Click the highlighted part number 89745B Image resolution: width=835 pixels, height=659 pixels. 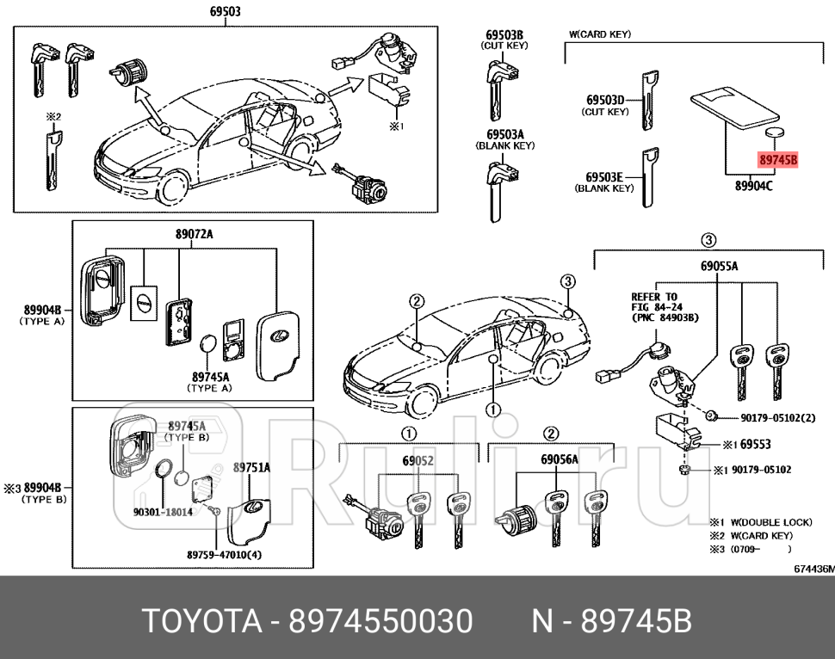click(x=778, y=160)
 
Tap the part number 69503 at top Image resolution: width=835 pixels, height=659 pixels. click(x=226, y=12)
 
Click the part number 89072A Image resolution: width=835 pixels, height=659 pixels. click(x=193, y=234)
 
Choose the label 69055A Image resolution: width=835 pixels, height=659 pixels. click(x=719, y=267)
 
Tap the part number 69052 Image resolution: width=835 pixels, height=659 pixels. click(x=417, y=460)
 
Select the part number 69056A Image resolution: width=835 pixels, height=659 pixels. click(x=559, y=460)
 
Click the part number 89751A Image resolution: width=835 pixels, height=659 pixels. click(x=251, y=467)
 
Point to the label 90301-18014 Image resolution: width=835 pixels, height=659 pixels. click(x=163, y=512)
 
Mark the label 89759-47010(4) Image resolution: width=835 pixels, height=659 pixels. click(x=224, y=554)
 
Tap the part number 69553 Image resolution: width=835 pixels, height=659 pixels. click(x=756, y=445)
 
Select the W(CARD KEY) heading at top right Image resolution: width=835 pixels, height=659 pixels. click(x=600, y=34)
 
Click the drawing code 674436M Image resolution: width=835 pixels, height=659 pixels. click(x=813, y=569)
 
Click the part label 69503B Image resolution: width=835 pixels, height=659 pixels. click(x=505, y=34)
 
